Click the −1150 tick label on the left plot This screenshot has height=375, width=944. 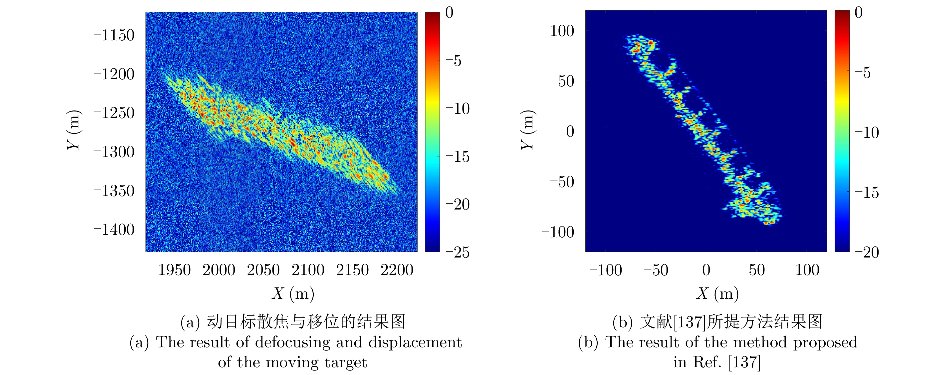(x=114, y=35)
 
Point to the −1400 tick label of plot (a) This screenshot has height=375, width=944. (x=114, y=230)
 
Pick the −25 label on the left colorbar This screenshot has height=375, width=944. (x=457, y=252)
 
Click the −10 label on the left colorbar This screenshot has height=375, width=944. (x=457, y=108)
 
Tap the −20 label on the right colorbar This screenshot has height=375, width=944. (x=867, y=252)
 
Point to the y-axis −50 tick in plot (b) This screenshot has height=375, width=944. (x=562, y=182)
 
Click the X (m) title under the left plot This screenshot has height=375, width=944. (x=293, y=293)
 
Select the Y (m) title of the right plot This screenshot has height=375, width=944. (x=527, y=130)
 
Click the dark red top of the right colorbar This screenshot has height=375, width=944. (x=842, y=13)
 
